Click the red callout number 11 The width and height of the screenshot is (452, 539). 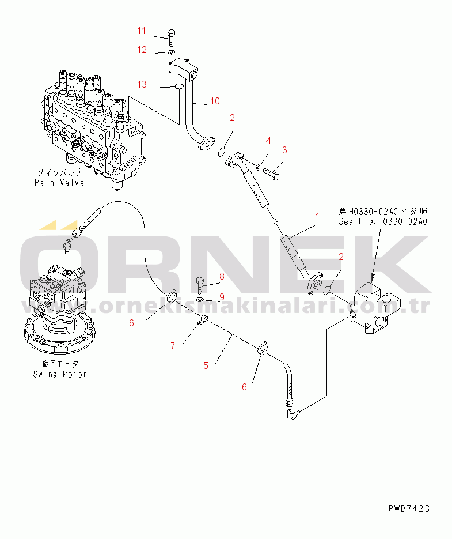pyautogui.click(x=142, y=31)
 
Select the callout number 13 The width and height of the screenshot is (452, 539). pyautogui.click(x=142, y=84)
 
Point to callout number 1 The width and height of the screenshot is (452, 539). pyautogui.click(x=317, y=217)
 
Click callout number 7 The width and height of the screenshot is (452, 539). pyautogui.click(x=172, y=346)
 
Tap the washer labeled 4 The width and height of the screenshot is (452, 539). pyautogui.click(x=259, y=167)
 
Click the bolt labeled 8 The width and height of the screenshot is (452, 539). pyautogui.click(x=200, y=284)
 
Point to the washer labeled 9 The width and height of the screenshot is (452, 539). pyautogui.click(x=199, y=300)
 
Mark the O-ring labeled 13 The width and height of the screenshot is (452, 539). pyautogui.click(x=179, y=87)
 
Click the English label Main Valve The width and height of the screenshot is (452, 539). pyautogui.click(x=58, y=183)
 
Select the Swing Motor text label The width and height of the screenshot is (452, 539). pyautogui.click(x=59, y=374)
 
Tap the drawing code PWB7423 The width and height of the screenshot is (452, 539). pyautogui.click(x=409, y=508)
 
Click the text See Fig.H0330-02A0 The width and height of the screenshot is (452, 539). pyautogui.click(x=383, y=221)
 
